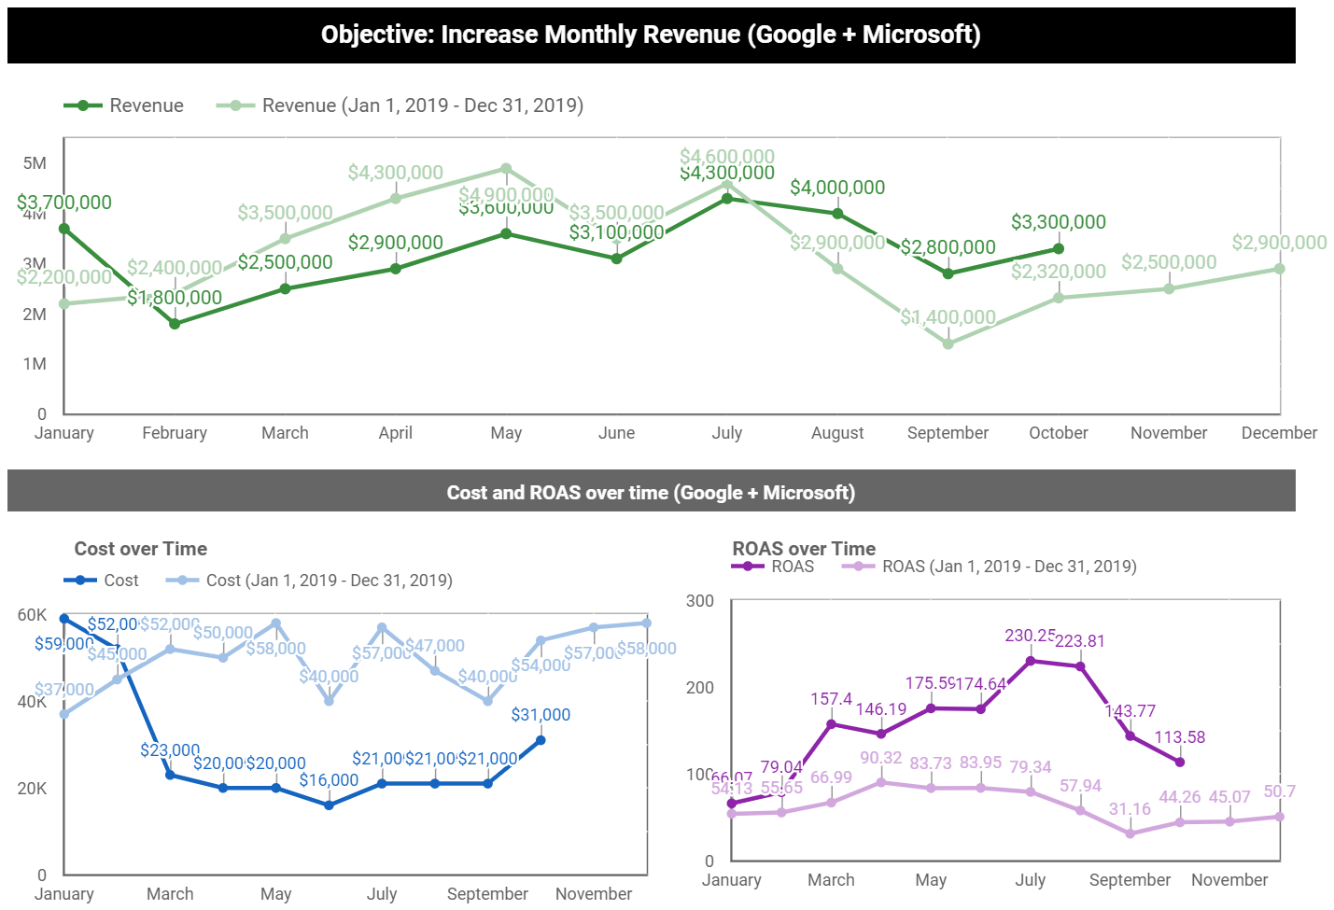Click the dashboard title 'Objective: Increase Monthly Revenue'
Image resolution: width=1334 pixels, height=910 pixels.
tap(651, 35)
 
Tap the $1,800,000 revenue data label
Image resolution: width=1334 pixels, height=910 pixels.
tap(176, 298)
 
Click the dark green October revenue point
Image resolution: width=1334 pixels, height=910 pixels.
tap(1059, 249)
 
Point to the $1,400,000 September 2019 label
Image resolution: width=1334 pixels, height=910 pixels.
tap(948, 317)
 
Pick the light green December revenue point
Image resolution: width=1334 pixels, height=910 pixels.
tap(1279, 269)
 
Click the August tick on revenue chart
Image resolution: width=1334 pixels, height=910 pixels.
tap(837, 433)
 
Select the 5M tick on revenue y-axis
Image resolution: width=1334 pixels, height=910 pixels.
tap(35, 163)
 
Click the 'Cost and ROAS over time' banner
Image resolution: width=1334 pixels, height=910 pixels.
tap(651, 492)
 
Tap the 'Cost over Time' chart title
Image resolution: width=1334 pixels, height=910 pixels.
tap(141, 549)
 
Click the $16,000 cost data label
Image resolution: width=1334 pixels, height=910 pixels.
tap(329, 780)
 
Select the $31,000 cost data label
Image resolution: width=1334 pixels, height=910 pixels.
tap(541, 715)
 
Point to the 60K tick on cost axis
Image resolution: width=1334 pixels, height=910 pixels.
tap(32, 615)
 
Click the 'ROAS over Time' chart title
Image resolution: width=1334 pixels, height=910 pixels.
tap(804, 549)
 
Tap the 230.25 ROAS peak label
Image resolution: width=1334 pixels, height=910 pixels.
tap(1030, 636)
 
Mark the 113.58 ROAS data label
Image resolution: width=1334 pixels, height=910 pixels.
tap(1180, 737)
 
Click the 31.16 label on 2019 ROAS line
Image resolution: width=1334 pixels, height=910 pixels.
tap(1130, 809)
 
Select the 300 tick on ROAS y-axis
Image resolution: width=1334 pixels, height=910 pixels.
tap(699, 601)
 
